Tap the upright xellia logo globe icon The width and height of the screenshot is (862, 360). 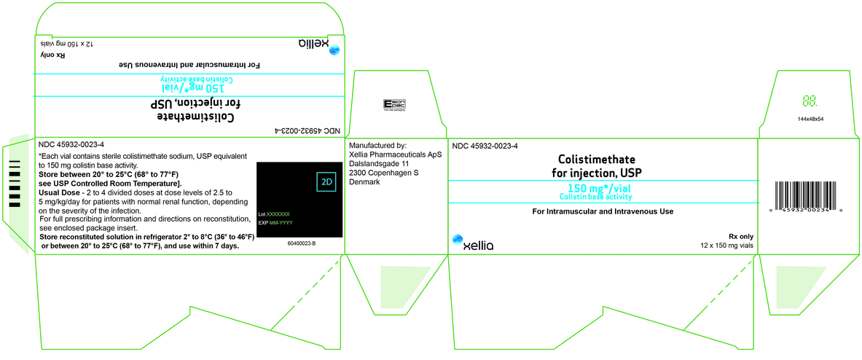(x=458, y=239)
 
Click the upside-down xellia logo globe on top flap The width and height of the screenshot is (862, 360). (x=334, y=50)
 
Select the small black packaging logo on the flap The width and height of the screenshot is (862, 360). (x=394, y=105)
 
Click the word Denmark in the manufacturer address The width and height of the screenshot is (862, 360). (x=365, y=181)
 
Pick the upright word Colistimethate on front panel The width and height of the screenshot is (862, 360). (x=597, y=159)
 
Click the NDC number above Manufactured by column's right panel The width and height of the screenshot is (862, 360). (x=485, y=146)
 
